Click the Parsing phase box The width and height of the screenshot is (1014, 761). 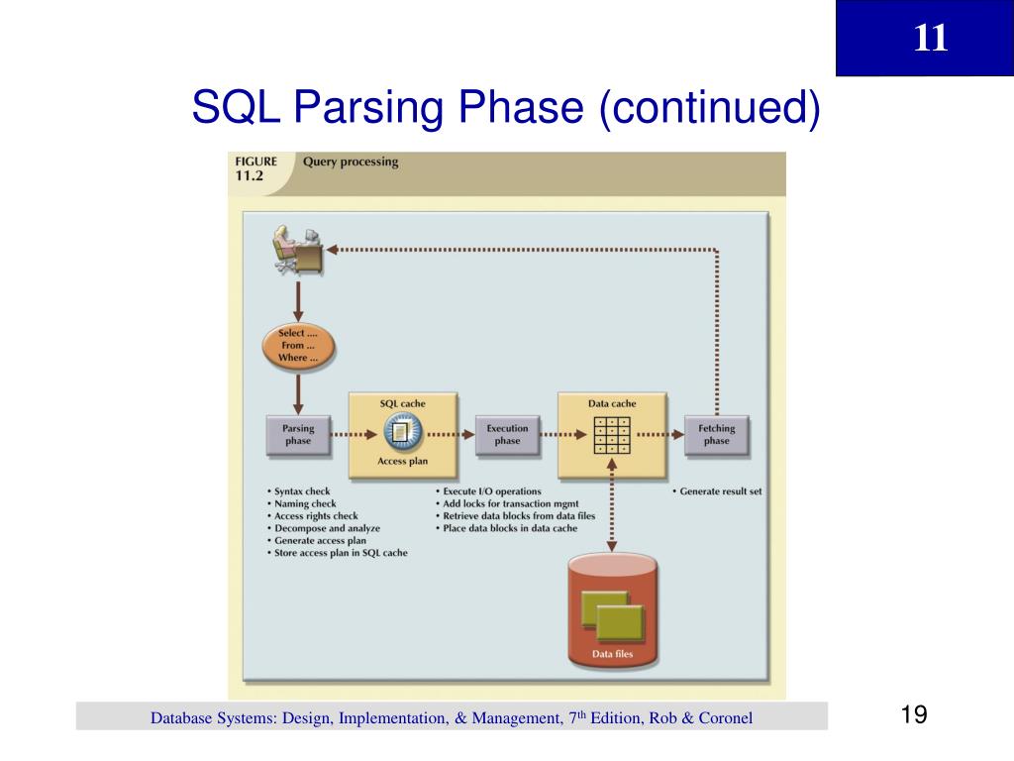[298, 435]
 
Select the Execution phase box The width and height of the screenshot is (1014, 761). [507, 435]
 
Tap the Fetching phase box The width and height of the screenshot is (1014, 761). [716, 435]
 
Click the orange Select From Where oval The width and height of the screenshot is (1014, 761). [298, 346]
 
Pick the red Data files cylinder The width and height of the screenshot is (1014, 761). [613, 611]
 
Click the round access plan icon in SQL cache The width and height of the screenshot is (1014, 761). [402, 433]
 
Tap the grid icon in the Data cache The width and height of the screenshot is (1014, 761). [612, 434]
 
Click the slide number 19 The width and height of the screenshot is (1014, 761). [914, 715]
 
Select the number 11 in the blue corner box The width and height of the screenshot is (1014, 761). [930, 39]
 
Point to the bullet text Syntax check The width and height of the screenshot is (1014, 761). [302, 491]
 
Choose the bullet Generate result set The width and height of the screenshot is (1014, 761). [720, 491]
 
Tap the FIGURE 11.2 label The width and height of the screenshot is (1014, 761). [255, 167]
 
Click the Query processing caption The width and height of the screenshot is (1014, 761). [351, 162]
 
